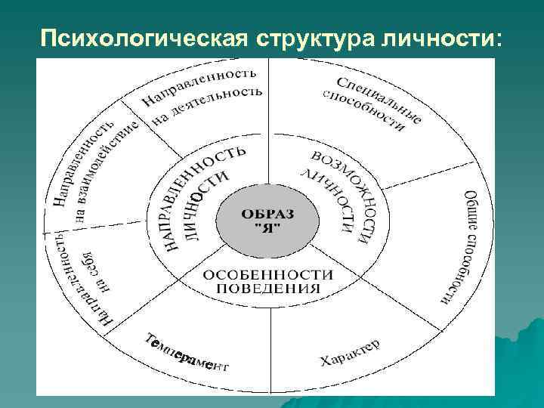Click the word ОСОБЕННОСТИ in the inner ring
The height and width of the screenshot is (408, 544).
coord(268,274)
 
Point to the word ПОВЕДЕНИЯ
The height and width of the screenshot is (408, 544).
coord(268,288)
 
